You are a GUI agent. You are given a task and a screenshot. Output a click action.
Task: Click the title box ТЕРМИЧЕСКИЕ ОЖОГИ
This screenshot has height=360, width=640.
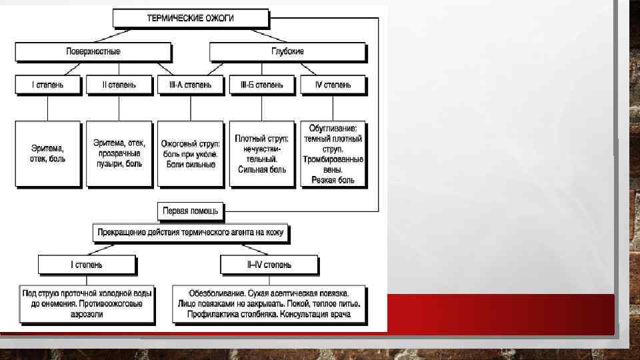coord(190,18)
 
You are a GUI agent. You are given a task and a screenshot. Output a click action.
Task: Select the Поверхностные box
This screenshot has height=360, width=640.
coord(93,52)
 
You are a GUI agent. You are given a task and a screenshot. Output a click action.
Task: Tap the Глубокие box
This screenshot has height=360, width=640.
coord(287,52)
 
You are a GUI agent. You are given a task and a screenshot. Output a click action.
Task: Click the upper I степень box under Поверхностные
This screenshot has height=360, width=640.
coord(47,85)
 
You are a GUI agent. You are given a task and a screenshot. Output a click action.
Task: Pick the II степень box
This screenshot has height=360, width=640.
coord(119,85)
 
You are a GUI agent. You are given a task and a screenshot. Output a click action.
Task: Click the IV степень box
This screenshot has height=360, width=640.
coord(332,85)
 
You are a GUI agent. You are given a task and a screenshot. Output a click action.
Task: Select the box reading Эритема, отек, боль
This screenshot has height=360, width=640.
coord(47,154)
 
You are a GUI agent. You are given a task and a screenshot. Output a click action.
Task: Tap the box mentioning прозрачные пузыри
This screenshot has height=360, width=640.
coord(119,154)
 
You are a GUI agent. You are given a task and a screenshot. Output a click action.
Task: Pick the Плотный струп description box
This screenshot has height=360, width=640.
coord(261,154)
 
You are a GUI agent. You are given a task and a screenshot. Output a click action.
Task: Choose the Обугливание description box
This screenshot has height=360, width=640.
coord(332,154)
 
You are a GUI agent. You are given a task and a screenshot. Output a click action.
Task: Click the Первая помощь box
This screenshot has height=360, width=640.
coord(191,211)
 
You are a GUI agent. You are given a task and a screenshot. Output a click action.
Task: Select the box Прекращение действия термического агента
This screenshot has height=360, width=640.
coord(191,233)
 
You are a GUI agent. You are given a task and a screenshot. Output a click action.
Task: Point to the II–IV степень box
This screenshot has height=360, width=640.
coord(269,265)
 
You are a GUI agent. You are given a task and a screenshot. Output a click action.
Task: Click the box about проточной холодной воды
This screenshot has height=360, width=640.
coord(87,304)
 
